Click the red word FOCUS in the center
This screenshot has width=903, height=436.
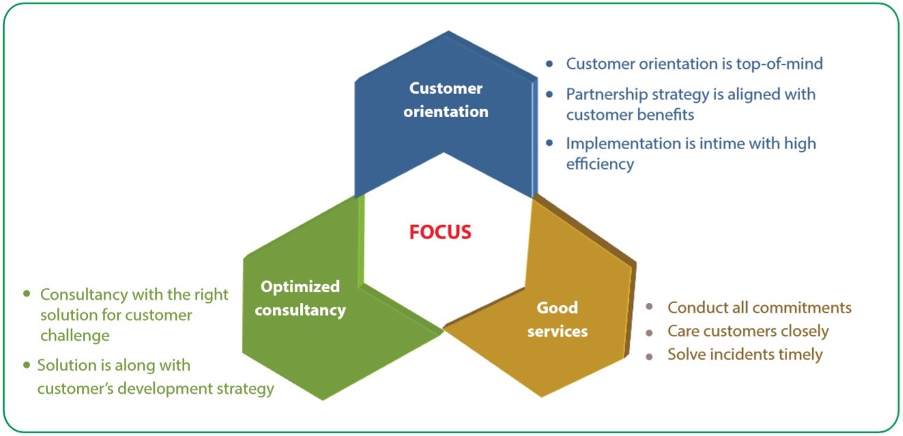click(x=440, y=232)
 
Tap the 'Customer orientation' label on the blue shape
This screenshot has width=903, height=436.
click(x=446, y=100)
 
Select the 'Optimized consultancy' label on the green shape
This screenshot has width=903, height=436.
click(x=300, y=298)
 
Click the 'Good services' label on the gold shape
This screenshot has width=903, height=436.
click(x=557, y=320)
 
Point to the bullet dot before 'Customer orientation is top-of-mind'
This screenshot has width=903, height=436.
click(x=549, y=63)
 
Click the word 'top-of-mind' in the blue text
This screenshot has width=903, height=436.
click(x=780, y=64)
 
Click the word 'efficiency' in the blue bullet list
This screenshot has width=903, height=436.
click(x=600, y=164)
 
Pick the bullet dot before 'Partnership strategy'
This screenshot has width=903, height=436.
click(x=549, y=94)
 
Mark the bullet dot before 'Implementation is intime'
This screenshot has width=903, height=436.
click(x=549, y=143)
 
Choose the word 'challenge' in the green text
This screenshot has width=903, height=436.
click(x=75, y=336)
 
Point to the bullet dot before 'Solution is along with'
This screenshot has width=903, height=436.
click(x=27, y=365)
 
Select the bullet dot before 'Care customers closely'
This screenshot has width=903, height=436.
click(x=649, y=333)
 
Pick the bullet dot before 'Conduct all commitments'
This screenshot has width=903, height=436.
click(x=649, y=307)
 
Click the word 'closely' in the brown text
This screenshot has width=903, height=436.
click(x=805, y=332)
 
